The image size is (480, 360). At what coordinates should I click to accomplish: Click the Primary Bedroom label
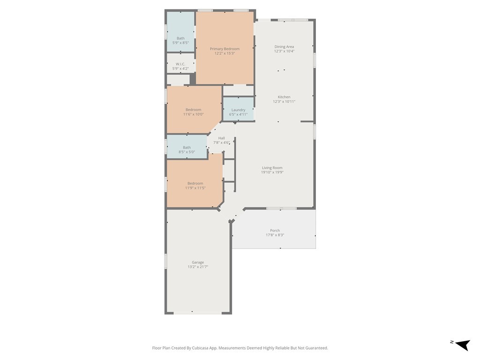coord(225,49)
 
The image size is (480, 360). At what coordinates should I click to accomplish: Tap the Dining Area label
coord(284,46)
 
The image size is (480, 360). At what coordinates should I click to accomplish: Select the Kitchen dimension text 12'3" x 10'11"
coord(284,101)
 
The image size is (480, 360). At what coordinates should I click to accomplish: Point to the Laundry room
coord(239,109)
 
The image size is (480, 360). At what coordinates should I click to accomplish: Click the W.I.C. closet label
coord(180,64)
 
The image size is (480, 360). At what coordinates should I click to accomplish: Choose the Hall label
coord(221,138)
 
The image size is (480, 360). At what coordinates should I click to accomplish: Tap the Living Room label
coord(272,168)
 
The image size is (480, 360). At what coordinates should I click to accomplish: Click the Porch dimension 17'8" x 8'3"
coord(275,235)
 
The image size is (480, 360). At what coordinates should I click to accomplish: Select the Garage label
coord(198,262)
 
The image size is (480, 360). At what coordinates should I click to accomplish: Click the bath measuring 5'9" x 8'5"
coord(180,32)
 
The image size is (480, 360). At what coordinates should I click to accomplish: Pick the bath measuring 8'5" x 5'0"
coord(187,147)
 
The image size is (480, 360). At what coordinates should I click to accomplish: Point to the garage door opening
coord(198,313)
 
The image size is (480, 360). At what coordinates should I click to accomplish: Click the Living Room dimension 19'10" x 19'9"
coord(272,172)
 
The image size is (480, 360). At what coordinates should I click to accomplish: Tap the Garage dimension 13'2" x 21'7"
coord(198,267)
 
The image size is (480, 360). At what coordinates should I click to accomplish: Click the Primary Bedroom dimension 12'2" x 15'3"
coord(225,53)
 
